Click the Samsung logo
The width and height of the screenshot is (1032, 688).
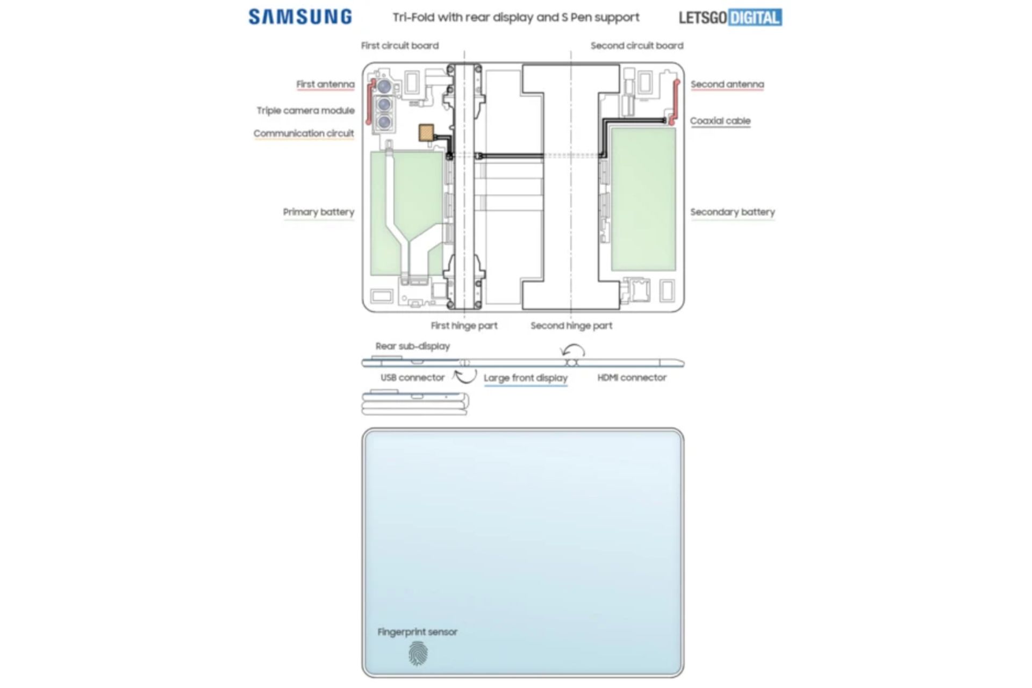click(x=300, y=17)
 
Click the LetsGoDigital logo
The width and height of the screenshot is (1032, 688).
click(x=730, y=17)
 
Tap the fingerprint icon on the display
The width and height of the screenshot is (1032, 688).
click(x=418, y=654)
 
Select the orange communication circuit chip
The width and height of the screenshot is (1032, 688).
click(x=426, y=133)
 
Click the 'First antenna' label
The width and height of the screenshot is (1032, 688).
click(x=325, y=84)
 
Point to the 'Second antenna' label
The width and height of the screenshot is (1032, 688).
click(x=727, y=84)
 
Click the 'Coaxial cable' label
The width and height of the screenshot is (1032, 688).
click(x=720, y=121)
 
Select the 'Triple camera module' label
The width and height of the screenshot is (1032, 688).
click(x=305, y=110)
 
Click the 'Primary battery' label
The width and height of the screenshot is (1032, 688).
click(x=318, y=212)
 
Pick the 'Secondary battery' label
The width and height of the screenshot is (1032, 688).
click(x=732, y=212)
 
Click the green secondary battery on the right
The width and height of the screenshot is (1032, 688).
click(x=643, y=199)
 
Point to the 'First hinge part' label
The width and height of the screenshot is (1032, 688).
click(x=464, y=325)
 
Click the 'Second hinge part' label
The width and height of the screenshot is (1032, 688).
click(x=571, y=325)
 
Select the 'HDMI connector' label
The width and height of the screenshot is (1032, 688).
click(x=632, y=377)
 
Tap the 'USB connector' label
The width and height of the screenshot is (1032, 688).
click(x=412, y=377)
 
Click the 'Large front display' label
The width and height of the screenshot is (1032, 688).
click(x=525, y=378)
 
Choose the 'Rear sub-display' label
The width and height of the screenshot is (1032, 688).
click(x=412, y=346)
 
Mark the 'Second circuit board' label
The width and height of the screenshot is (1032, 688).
click(x=636, y=46)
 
